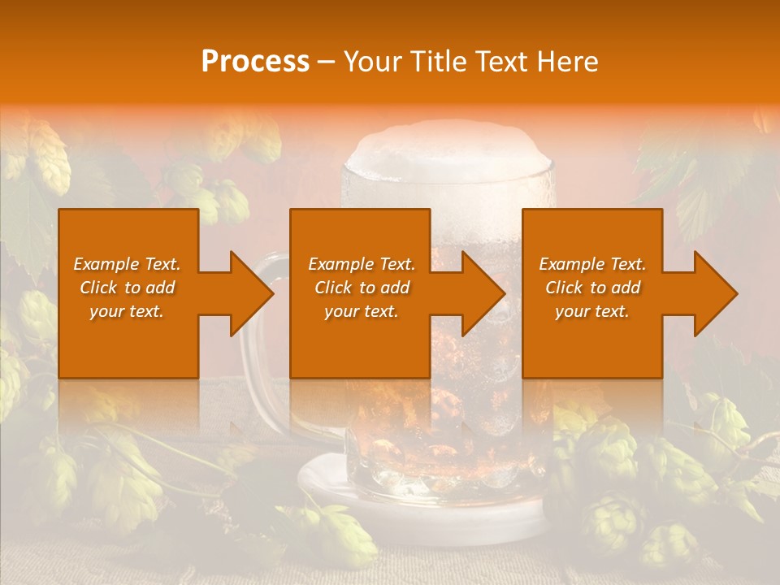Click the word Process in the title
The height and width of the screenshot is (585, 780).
tap(255, 62)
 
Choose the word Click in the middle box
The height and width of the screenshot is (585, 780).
tap(332, 288)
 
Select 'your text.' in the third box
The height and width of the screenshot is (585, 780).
tap(591, 311)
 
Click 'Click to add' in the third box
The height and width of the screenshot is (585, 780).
tap(592, 288)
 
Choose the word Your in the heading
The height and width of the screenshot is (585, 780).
tap(375, 62)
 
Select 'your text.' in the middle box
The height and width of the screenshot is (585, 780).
tap(361, 311)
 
